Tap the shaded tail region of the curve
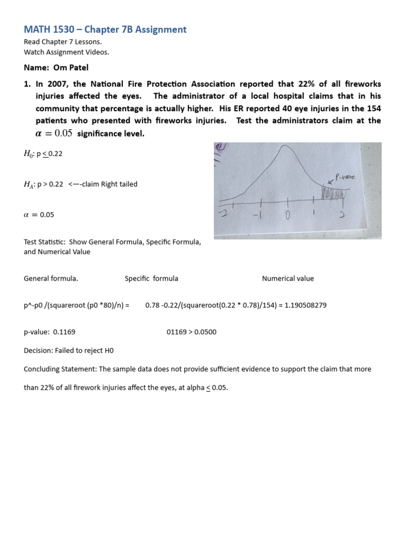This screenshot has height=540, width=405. click(333, 193)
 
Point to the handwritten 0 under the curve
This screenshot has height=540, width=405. click(288, 216)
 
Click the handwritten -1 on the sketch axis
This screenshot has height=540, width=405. click(260, 216)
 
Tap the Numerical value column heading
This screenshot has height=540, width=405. click(287, 278)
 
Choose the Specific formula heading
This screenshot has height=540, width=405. click(151, 278)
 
